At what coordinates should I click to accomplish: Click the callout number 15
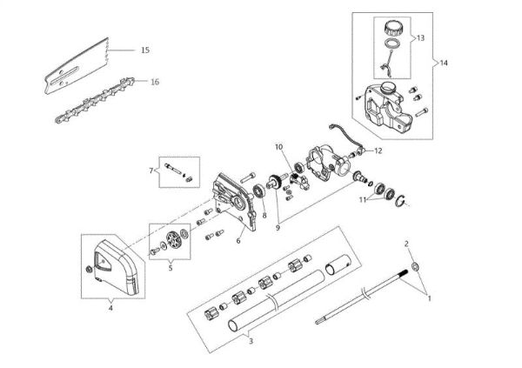(x=144, y=50)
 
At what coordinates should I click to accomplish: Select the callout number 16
(x=154, y=82)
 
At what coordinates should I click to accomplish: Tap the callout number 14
(x=445, y=64)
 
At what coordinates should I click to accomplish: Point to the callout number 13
(x=419, y=39)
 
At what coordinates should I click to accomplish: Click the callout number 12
(x=378, y=151)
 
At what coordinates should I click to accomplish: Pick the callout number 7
(x=151, y=169)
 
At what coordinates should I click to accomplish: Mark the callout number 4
(x=110, y=305)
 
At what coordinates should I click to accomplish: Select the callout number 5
(x=170, y=269)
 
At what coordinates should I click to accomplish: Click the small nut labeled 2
(x=416, y=265)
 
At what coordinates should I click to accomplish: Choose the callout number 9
(x=278, y=227)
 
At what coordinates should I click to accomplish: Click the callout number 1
(x=428, y=297)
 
